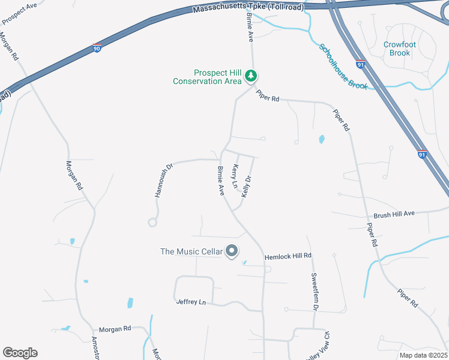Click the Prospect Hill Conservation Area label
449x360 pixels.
point(207,77)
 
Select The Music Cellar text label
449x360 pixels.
point(191,251)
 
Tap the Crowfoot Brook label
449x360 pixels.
point(399,49)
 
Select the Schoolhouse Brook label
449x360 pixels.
point(343,67)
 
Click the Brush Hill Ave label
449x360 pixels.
point(394,214)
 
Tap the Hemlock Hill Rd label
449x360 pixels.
point(288,256)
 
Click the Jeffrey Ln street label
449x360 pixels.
point(191,302)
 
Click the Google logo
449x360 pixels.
point(20,352)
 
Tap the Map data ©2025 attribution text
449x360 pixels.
point(423,355)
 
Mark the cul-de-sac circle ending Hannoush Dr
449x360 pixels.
point(152,222)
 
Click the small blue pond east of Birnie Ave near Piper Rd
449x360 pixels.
point(322,140)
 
